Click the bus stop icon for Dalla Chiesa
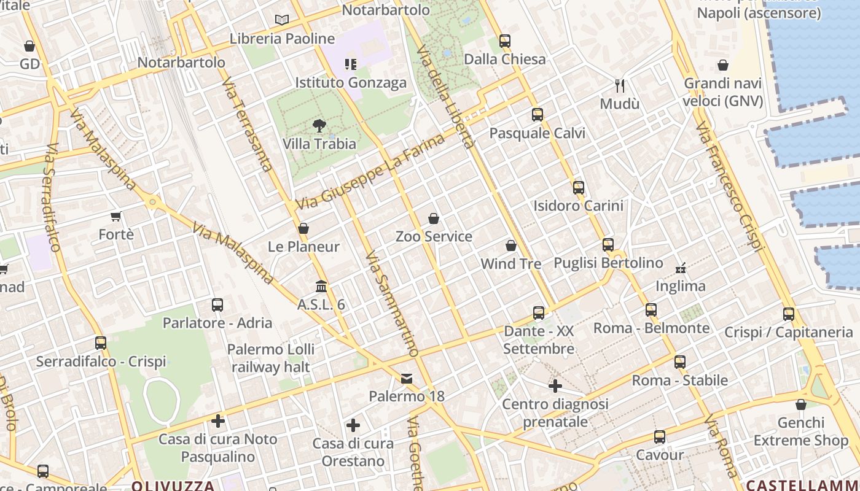504,41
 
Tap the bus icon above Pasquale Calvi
537,115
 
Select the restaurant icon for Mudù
620,85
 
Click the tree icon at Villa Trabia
319,126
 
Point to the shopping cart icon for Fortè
116,216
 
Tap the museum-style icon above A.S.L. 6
321,287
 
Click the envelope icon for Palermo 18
407,378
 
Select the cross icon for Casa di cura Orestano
353,425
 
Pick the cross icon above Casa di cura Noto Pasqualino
217,421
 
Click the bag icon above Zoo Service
434,218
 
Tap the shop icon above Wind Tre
510,245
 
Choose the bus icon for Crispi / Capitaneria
789,314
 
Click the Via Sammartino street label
392,304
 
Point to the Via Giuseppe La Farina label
370,172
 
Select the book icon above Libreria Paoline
282,20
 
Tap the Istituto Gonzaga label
351,83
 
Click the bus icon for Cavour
659,437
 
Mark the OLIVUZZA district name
173,485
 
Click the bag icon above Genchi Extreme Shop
800,404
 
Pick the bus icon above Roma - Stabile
679,362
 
